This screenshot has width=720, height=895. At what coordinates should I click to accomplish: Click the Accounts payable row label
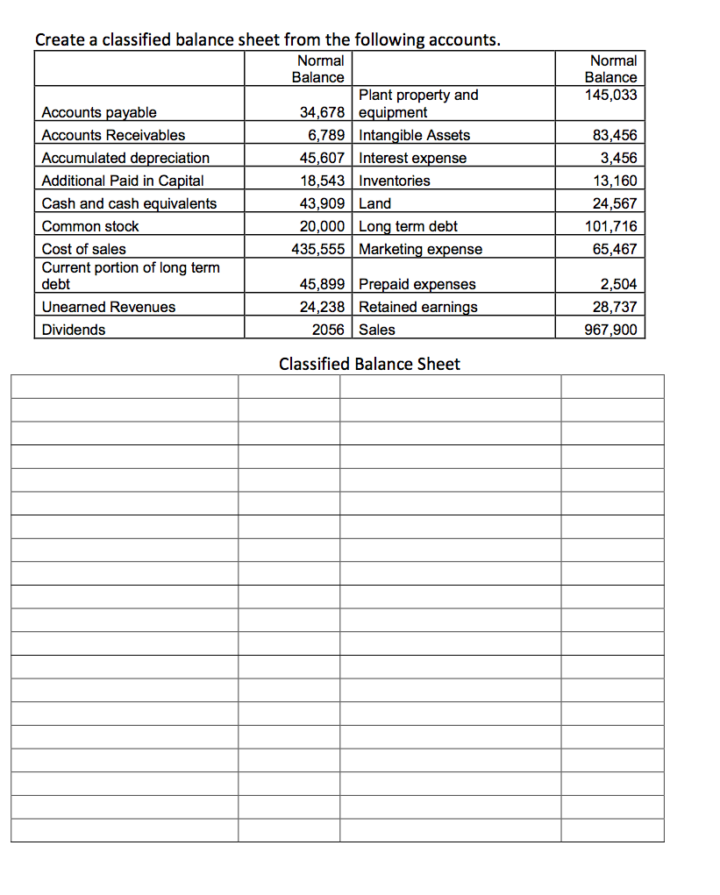pos(99,112)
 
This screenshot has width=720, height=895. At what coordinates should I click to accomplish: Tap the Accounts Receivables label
pos(113,135)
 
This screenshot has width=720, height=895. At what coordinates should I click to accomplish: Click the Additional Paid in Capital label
pos(123,181)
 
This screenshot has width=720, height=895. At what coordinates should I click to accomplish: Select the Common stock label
pos(90,226)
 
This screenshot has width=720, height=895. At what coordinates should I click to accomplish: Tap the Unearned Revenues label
pos(109,307)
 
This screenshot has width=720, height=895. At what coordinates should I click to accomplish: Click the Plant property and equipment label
pos(418,103)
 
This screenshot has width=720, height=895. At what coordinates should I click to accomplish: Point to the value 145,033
pos(611,95)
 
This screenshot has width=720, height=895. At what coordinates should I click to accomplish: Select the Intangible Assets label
pos(415,135)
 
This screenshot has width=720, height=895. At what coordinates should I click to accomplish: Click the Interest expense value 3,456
pos(618,158)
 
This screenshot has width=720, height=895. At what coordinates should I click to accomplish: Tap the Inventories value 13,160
pos(615,181)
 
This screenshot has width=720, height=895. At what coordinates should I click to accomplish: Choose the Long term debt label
pos(409,226)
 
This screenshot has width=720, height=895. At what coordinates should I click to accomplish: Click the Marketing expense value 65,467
pos(615,249)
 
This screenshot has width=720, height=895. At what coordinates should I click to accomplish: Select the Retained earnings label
pos(418,307)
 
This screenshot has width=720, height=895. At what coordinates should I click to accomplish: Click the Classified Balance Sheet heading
pos(368,364)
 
